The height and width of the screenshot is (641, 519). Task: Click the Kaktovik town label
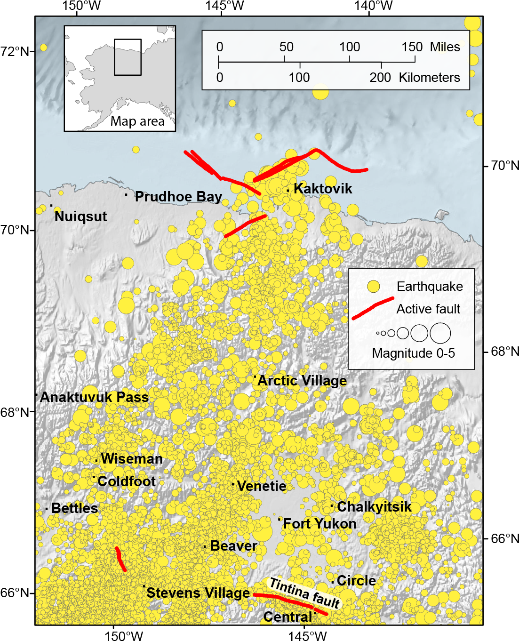[x=323, y=189]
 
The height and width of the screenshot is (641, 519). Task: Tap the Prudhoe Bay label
[x=178, y=197]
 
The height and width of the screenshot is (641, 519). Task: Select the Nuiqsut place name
[x=80, y=216]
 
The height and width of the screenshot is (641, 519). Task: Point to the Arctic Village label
[x=302, y=381]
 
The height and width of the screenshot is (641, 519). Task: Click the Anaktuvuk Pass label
[x=94, y=397]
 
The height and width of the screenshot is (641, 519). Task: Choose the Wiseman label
[x=132, y=459]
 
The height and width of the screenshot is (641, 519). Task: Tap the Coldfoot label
[x=127, y=481]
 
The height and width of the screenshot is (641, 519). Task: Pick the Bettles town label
[x=74, y=508]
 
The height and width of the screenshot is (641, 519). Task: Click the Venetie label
[x=262, y=486]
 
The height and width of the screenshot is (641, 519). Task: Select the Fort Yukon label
[x=320, y=524]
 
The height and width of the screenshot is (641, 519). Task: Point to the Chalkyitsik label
[x=374, y=507]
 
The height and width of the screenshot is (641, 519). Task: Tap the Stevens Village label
[x=198, y=593]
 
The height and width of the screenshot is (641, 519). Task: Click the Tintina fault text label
[x=304, y=593]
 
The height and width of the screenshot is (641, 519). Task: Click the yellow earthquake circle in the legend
[x=373, y=287]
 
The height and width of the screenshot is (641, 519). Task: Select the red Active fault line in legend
[x=373, y=308]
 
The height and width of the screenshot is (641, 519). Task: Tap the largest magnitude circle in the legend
[x=440, y=333]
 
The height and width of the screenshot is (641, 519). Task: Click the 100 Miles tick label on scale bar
[x=350, y=47]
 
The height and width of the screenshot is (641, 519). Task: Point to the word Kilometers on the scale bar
[x=429, y=78]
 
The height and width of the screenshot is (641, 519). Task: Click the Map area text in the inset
[x=137, y=121]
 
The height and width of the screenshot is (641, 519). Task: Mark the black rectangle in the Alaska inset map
[x=128, y=57]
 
